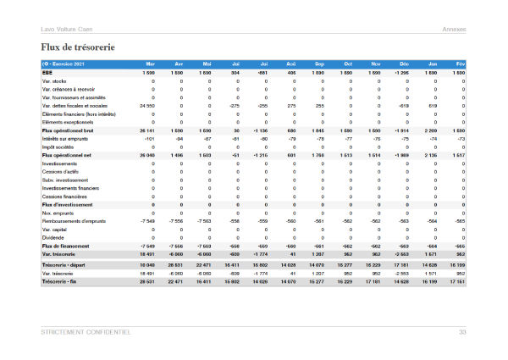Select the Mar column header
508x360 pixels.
click(150, 64)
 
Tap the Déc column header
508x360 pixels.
click(404, 64)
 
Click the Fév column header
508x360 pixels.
click(460, 64)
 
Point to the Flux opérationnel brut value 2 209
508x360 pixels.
click(430, 130)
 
